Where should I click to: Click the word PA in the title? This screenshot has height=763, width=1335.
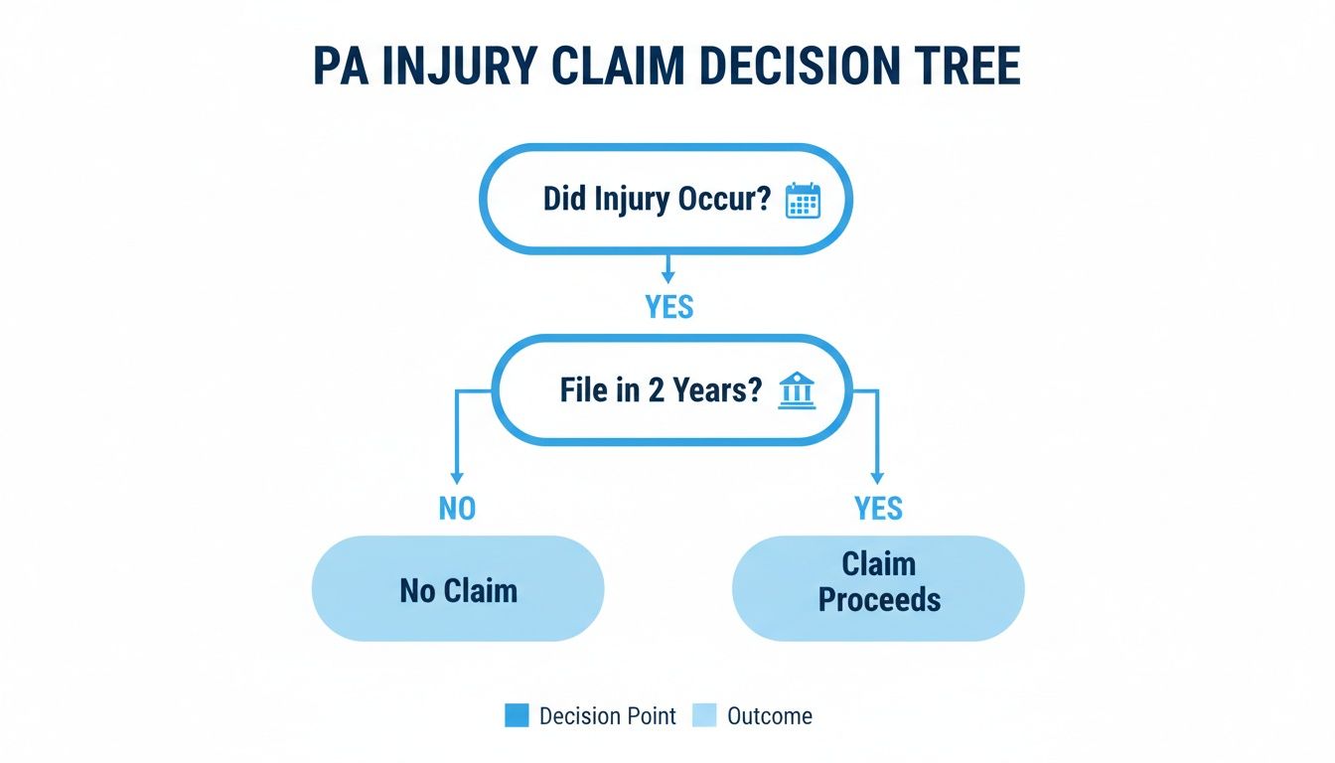click(x=343, y=67)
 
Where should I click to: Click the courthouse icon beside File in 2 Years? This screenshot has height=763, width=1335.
click(x=797, y=390)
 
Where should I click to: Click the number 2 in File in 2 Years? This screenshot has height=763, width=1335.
click(x=656, y=390)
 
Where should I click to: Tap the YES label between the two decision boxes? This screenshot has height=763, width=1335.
click(x=668, y=307)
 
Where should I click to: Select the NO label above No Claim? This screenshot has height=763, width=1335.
click(x=457, y=509)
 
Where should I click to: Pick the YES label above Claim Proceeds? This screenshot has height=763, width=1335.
click(x=878, y=509)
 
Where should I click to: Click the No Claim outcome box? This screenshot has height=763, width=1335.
click(x=458, y=590)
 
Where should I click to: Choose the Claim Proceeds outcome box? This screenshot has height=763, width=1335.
click(x=878, y=586)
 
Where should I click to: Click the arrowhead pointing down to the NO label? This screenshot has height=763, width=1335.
click(x=457, y=479)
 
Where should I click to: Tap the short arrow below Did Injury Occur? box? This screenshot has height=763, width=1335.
click(x=668, y=268)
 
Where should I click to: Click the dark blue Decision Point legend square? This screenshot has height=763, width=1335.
click(x=517, y=715)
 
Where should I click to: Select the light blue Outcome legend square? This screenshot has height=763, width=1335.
click(x=704, y=715)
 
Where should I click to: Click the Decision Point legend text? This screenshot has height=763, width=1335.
click(x=607, y=715)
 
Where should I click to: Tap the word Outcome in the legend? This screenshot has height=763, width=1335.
click(x=769, y=715)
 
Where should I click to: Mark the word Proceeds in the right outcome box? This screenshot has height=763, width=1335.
click(x=878, y=601)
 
